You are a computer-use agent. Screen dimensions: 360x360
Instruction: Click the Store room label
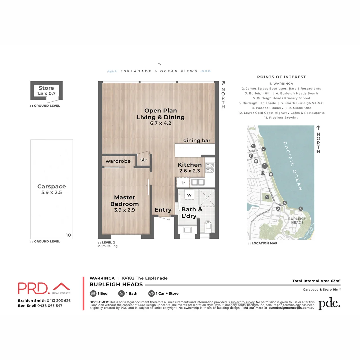(x=46, y=88)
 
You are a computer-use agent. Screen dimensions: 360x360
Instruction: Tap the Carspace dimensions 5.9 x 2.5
(x=51, y=192)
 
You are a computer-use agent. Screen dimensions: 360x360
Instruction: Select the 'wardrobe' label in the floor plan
(x=118, y=161)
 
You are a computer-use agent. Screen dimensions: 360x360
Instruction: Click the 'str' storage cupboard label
(x=143, y=160)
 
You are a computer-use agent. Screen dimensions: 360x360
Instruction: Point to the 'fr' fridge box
(x=183, y=182)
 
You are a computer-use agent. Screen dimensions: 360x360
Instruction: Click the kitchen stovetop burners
(x=210, y=168)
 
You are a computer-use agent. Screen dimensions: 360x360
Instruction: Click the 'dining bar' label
(x=197, y=140)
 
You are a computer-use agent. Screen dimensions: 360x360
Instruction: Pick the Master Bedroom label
(x=124, y=201)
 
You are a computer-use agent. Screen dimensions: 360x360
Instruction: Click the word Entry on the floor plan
(x=163, y=210)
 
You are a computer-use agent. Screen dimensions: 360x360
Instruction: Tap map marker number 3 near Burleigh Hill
(x=301, y=209)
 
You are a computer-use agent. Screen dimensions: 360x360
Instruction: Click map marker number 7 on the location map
(x=264, y=149)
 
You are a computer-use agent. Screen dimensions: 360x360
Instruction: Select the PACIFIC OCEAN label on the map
(x=293, y=166)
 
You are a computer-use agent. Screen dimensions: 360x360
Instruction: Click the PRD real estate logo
(x=44, y=288)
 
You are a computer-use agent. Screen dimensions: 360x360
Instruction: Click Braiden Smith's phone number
(x=58, y=300)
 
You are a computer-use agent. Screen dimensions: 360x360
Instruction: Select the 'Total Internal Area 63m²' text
(x=316, y=281)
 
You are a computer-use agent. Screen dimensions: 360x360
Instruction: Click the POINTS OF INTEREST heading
(x=281, y=77)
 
